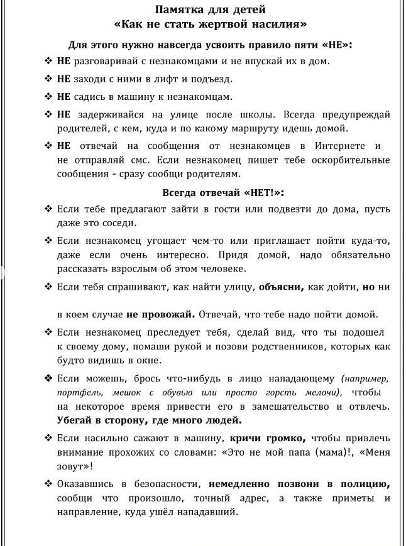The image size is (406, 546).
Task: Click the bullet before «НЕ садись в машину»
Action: pos(48,97)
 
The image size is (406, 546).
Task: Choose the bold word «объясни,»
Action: pos(281,287)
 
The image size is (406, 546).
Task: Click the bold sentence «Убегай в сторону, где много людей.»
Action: pos(149,420)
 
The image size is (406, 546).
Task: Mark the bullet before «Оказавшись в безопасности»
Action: pos(48,484)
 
